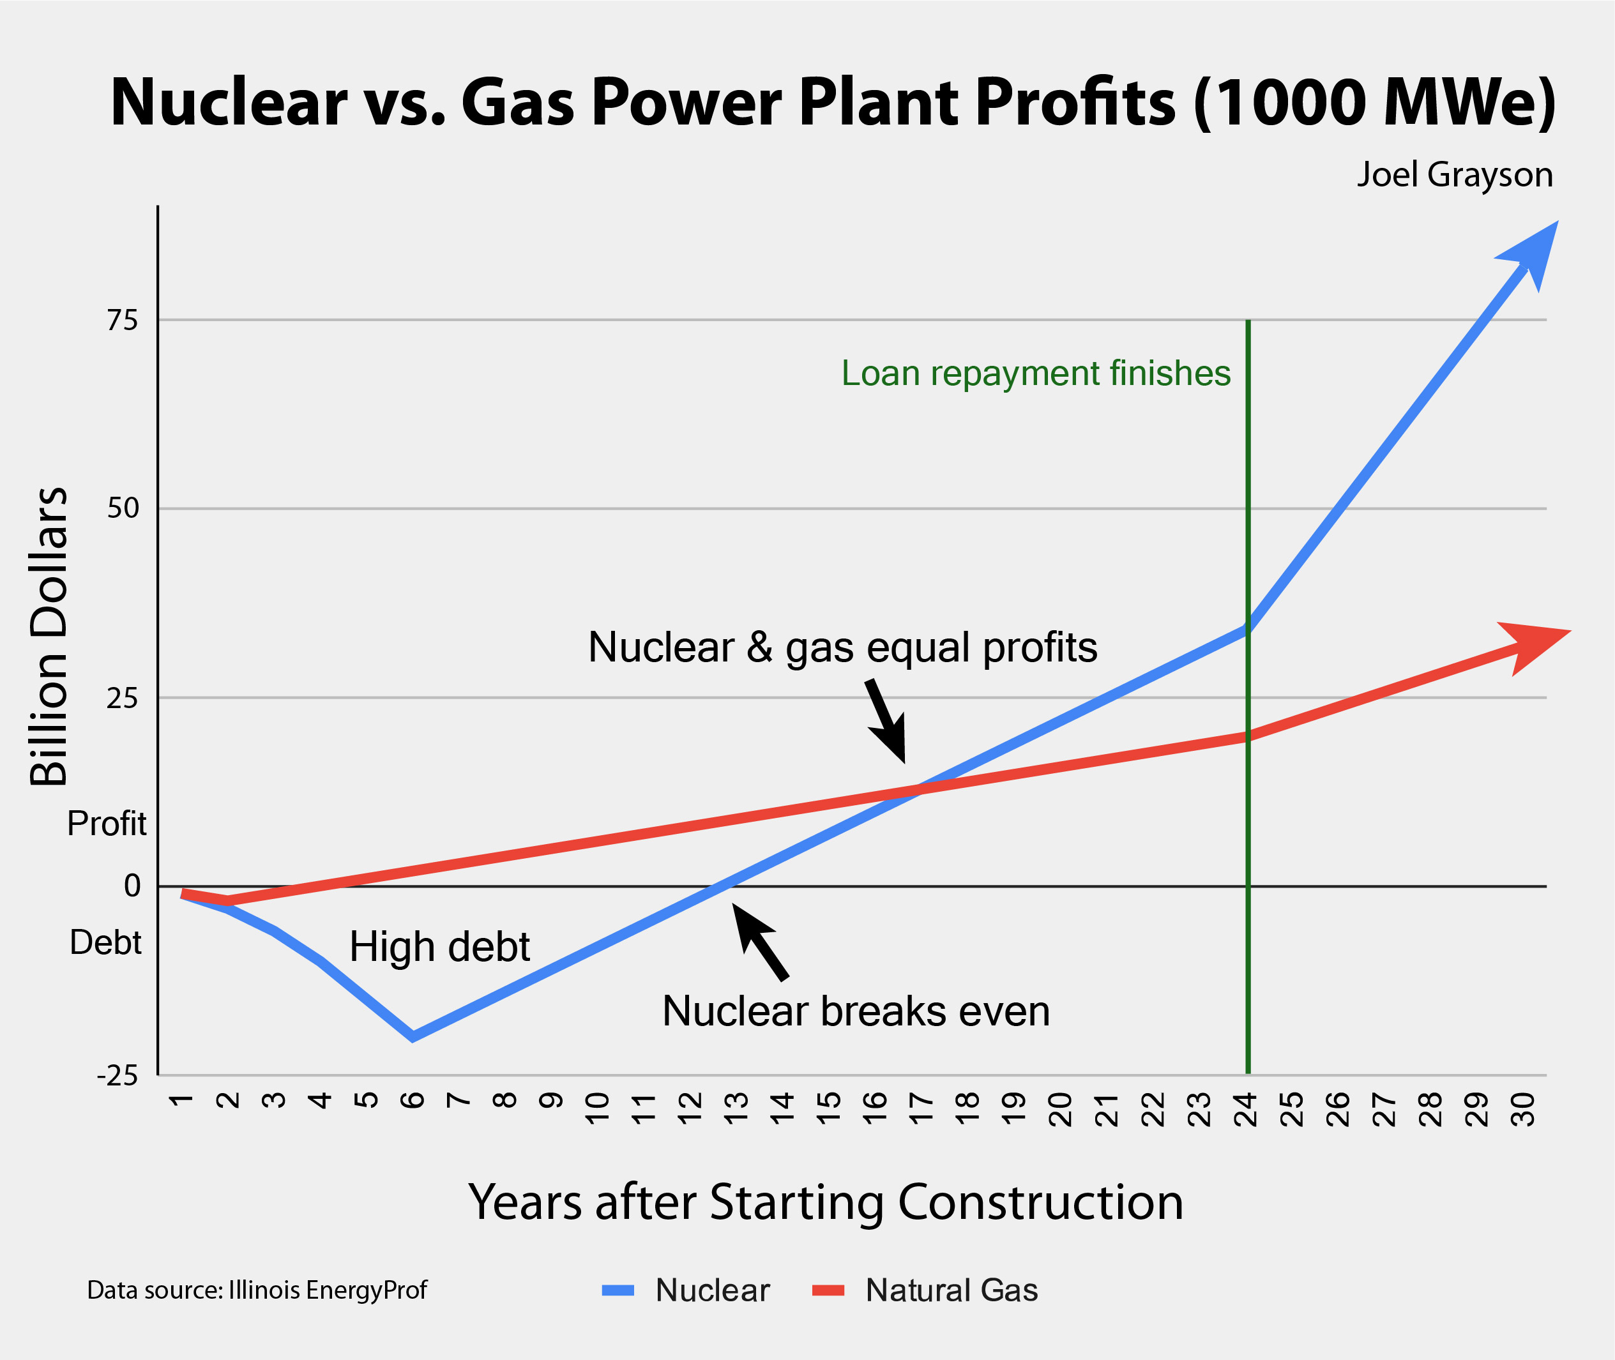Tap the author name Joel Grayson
[1455, 175]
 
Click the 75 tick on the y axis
[123, 320]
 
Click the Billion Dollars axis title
[49, 636]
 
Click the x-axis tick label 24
[1247, 1110]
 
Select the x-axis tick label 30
[1524, 1110]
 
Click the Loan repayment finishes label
[1035, 373]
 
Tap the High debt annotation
[439, 946]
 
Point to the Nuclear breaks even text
[856, 1011]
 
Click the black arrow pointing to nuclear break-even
[759, 941]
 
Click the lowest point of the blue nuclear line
[413, 1036]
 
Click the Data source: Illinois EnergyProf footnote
[257, 1290]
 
